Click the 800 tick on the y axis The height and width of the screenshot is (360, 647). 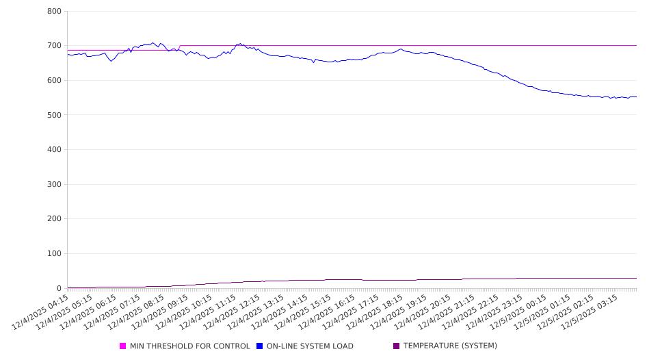(x=55, y=12)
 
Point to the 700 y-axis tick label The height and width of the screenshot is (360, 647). (x=55, y=46)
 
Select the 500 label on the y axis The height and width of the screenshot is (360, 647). (x=55, y=115)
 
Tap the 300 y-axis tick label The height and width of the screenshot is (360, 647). (x=55, y=184)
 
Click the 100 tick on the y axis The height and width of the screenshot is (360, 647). (x=55, y=254)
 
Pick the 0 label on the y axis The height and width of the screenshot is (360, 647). (x=59, y=288)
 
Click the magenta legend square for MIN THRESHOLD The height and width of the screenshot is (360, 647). (x=123, y=346)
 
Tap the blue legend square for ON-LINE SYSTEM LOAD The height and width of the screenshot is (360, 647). (x=260, y=346)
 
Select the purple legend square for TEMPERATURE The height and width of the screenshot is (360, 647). (x=396, y=346)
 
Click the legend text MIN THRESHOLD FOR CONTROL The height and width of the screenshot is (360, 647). (x=189, y=346)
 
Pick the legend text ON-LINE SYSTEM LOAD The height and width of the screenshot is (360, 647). (x=310, y=346)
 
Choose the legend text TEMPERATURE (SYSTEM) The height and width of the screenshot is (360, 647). (x=450, y=346)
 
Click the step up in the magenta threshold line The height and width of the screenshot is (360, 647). (x=179, y=47)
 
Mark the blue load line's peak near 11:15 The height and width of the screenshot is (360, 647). (x=239, y=44)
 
